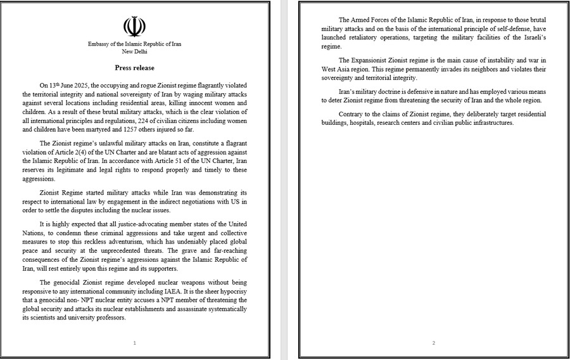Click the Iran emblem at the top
coord(134,27)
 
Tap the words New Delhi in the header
coord(134,51)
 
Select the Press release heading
coord(134,67)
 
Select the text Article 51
coord(172,162)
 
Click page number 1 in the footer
coord(134,343)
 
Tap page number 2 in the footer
coord(434,343)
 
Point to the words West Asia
coord(335,68)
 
